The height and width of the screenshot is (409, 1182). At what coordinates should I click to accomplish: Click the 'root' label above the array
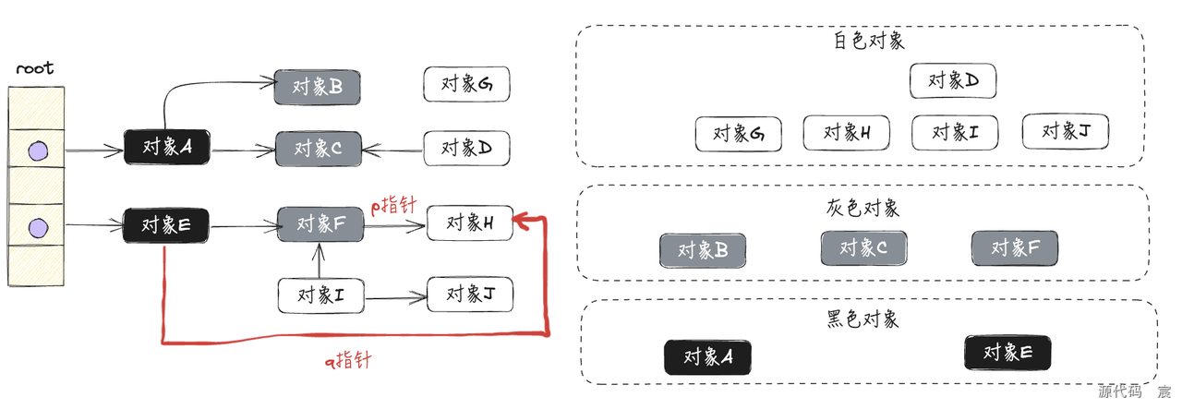(x=35, y=68)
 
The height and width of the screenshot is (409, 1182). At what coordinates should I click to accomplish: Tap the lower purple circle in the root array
(x=37, y=225)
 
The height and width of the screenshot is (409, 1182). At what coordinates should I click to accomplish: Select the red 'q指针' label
(x=347, y=359)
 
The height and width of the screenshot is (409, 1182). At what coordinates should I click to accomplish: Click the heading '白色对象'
(x=868, y=42)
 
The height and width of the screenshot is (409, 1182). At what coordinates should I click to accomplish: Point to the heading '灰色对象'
(x=863, y=208)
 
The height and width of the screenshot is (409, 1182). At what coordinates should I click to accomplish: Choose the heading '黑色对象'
(x=862, y=319)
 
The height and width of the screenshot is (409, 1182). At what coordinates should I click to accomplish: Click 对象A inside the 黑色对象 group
(x=707, y=357)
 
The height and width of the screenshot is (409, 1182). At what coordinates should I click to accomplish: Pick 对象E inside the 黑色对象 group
(x=1007, y=353)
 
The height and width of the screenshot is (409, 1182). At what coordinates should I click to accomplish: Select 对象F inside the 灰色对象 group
(x=1015, y=247)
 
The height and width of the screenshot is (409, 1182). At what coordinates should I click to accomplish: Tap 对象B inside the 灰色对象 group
(x=703, y=250)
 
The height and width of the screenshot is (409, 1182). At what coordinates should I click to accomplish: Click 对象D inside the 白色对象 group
(x=952, y=80)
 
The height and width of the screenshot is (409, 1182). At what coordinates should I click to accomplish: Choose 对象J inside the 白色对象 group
(x=1065, y=132)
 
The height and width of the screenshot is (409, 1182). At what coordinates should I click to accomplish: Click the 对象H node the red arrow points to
(x=469, y=223)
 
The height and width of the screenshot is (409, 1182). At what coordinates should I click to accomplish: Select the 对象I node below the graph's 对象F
(x=320, y=295)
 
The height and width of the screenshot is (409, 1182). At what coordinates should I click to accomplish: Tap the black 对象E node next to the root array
(x=167, y=223)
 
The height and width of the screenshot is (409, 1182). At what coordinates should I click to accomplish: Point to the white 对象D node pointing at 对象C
(x=467, y=147)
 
